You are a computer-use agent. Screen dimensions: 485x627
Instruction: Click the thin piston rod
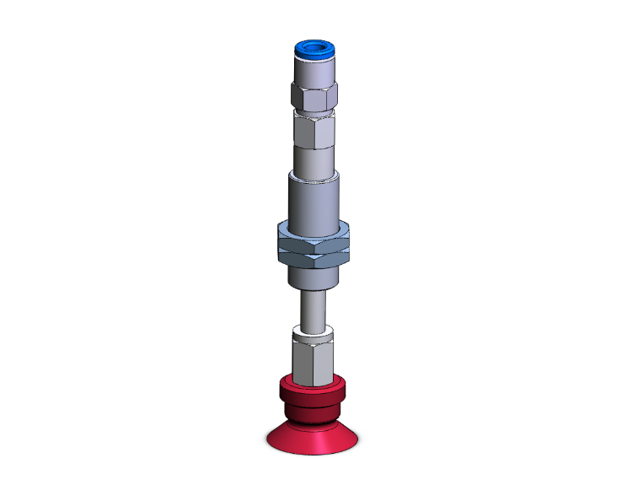(313, 308)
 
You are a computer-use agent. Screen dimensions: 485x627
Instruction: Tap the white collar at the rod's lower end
(313, 331)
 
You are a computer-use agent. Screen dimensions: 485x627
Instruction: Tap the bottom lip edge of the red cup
(313, 450)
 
